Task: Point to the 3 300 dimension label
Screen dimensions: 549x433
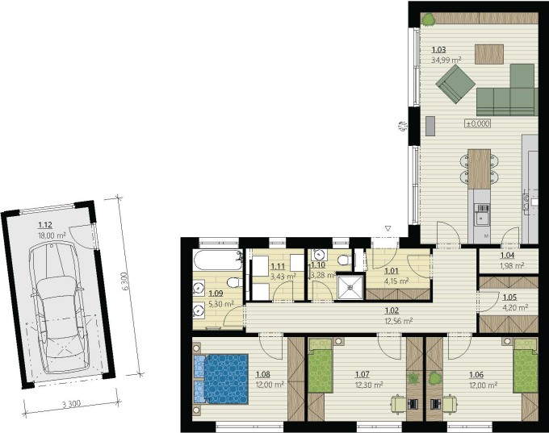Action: pyautogui.click(x=71, y=404)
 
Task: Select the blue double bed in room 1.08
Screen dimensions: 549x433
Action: pyautogui.click(x=221, y=379)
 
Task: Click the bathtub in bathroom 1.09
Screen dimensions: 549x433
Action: pyautogui.click(x=217, y=260)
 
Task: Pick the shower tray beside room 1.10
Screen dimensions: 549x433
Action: pyautogui.click(x=350, y=287)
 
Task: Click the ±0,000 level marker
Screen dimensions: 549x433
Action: pyautogui.click(x=478, y=123)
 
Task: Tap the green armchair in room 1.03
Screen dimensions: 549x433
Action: pyautogui.click(x=455, y=85)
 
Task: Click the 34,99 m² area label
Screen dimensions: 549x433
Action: pyautogui.click(x=446, y=60)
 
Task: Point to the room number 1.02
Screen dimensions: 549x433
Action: pyautogui.click(x=392, y=310)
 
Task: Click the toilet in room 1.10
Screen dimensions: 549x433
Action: pyautogui.click(x=346, y=260)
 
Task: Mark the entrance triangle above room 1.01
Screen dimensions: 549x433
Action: pyautogui.click(x=388, y=229)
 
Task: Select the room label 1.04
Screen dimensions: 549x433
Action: pyautogui.click(x=507, y=256)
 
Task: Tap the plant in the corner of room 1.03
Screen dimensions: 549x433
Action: pyautogui.click(x=428, y=19)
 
